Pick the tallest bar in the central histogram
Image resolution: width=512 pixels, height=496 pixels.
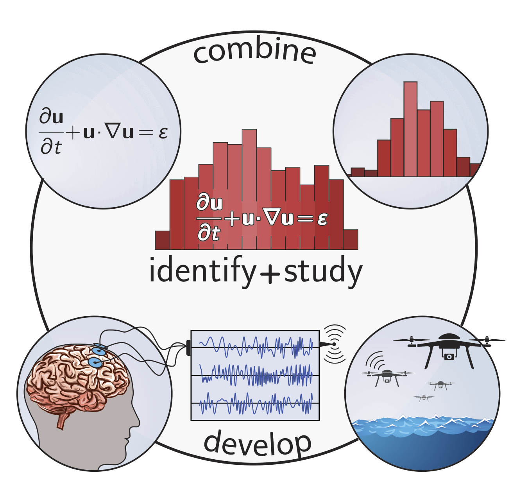coord(249,188)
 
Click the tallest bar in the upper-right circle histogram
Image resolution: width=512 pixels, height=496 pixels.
coord(410,129)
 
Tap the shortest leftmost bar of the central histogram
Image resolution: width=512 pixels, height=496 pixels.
coord(162,240)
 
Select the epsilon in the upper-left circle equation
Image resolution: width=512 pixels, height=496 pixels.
coord(163,133)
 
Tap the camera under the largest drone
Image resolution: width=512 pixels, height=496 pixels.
coord(449,356)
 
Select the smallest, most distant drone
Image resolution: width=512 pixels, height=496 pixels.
coord(424,398)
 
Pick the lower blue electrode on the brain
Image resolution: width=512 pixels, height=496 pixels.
coord(95,362)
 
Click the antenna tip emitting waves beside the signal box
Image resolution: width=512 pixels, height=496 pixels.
coord(334,344)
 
